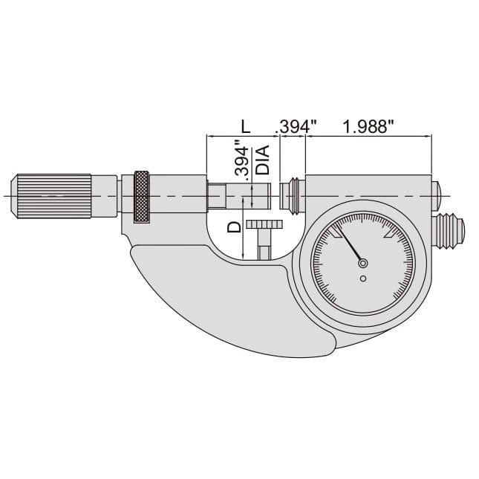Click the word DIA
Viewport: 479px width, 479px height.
pyautogui.click(x=261, y=160)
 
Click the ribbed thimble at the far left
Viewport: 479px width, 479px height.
pyautogui.click(x=52, y=196)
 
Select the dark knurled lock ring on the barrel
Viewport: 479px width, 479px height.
pyautogui.click(x=140, y=197)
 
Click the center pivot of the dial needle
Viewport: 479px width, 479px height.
pyautogui.click(x=362, y=262)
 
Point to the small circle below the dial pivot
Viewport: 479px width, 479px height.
pyautogui.click(x=362, y=278)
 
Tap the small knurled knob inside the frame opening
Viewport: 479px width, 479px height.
pyautogui.click(x=264, y=225)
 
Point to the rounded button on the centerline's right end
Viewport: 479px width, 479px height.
pyautogui.click(x=437, y=195)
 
